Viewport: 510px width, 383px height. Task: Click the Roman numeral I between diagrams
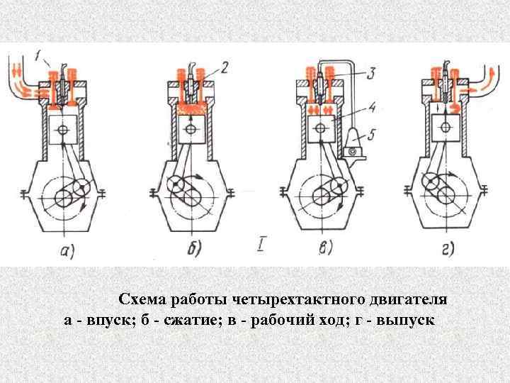(x=263, y=247)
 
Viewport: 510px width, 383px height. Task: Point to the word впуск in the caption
(x=107, y=320)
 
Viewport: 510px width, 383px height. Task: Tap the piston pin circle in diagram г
(x=445, y=128)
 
